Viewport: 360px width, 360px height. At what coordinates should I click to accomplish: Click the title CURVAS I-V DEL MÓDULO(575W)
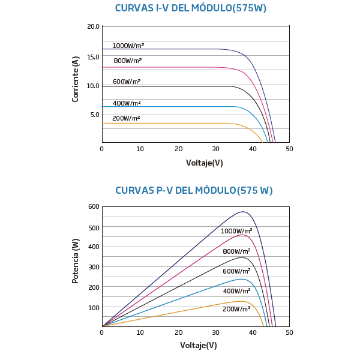(191, 8)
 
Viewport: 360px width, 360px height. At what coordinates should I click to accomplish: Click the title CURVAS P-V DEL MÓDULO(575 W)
(194, 191)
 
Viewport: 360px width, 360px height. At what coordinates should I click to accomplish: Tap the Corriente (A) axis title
(76, 79)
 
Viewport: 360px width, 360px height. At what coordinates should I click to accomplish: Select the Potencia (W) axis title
(76, 261)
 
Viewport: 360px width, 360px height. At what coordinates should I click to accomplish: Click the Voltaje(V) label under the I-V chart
(204, 163)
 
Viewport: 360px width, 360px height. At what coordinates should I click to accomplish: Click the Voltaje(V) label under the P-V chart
(198, 345)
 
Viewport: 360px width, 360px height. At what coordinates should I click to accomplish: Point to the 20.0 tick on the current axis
(93, 27)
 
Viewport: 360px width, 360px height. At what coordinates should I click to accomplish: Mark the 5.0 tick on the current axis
(95, 115)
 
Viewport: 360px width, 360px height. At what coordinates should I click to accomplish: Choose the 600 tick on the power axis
(93, 207)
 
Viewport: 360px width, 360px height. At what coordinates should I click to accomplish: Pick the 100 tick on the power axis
(93, 308)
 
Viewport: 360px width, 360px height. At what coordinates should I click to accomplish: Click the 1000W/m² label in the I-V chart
(128, 46)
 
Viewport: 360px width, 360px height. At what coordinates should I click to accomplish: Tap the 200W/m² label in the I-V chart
(126, 118)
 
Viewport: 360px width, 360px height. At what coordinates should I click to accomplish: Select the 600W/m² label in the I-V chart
(127, 82)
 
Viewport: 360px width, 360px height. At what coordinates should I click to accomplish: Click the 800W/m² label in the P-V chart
(236, 251)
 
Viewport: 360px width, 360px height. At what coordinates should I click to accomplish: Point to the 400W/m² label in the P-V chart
(236, 291)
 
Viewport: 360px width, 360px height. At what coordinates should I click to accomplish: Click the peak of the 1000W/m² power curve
(243, 212)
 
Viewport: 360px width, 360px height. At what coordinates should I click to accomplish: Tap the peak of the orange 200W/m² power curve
(241, 301)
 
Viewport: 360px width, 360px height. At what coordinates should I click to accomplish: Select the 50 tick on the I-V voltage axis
(289, 148)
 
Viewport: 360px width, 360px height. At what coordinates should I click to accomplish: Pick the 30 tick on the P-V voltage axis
(217, 332)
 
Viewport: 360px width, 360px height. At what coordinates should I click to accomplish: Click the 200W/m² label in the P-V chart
(236, 309)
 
